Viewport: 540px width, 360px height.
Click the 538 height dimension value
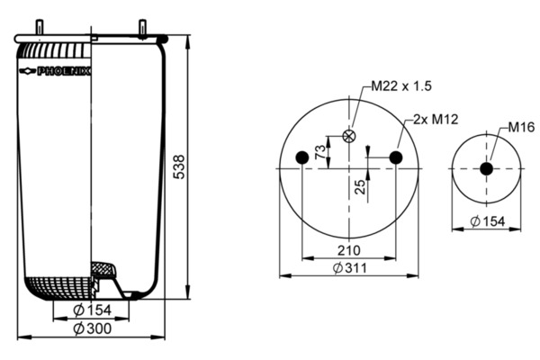tap(179, 167)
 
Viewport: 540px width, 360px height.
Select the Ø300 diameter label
tap(93, 328)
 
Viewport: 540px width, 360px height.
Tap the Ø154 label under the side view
tap(93, 310)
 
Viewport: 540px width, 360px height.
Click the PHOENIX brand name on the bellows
tap(64, 71)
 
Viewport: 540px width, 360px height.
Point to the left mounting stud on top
tap(40, 27)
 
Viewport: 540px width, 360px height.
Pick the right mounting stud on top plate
tap(142, 27)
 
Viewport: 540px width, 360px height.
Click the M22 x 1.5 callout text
tap(401, 85)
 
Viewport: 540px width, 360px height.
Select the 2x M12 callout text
tap(436, 119)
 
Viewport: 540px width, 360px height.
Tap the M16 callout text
tap(521, 127)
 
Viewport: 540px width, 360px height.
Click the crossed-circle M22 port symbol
tap(349, 136)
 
